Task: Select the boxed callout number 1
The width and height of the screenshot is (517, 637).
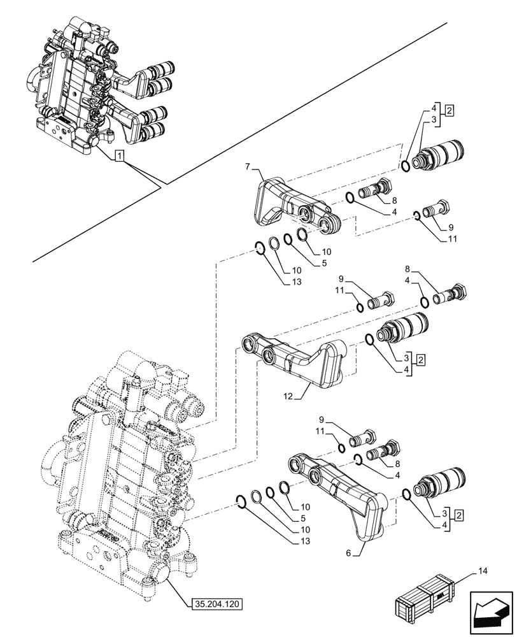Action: [x=120, y=155]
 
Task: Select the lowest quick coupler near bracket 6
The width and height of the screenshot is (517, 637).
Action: [x=439, y=482]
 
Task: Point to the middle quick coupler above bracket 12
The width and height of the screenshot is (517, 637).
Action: [x=403, y=328]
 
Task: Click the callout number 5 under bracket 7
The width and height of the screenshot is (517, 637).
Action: [x=306, y=262]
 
